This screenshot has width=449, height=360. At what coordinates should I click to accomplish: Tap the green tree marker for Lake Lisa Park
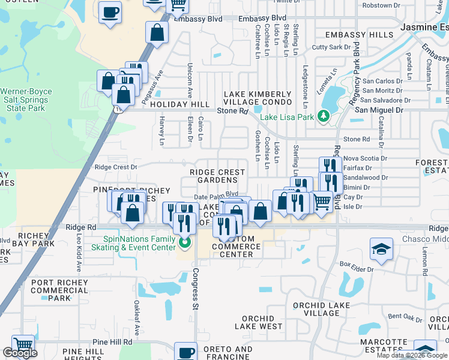[325, 115]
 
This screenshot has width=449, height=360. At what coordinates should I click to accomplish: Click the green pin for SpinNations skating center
[185, 244]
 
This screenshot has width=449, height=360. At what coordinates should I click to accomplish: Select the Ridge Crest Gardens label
[217, 176]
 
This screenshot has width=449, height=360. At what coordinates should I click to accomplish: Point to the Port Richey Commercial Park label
[59, 290]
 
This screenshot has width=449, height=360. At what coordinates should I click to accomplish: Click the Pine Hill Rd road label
[112, 341]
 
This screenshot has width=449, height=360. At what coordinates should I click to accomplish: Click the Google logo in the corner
[19, 353]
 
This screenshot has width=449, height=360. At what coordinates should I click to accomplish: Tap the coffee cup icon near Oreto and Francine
[186, 351]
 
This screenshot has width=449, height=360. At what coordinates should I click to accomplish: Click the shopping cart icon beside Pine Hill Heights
[23, 345]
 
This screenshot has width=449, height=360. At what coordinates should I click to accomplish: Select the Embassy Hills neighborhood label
[358, 35]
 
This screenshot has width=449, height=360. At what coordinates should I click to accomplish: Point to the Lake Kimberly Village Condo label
[257, 98]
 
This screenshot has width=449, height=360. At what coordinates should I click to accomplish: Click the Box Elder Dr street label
[357, 263]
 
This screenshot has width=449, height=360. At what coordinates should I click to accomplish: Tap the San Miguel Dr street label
[379, 110]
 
